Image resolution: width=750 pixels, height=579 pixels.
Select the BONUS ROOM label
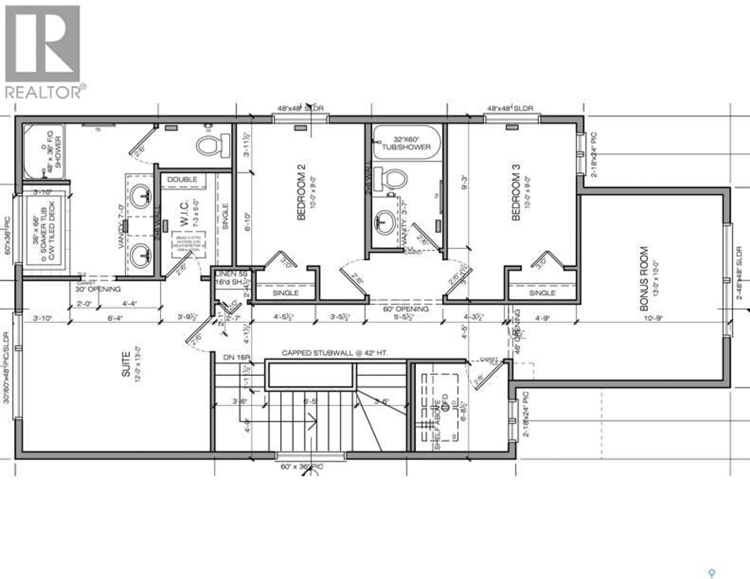(644, 279)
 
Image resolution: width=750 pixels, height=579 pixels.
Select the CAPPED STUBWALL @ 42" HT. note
(335, 353)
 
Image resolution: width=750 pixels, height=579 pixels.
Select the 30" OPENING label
(98, 289)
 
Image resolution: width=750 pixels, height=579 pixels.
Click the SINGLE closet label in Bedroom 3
(542, 293)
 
